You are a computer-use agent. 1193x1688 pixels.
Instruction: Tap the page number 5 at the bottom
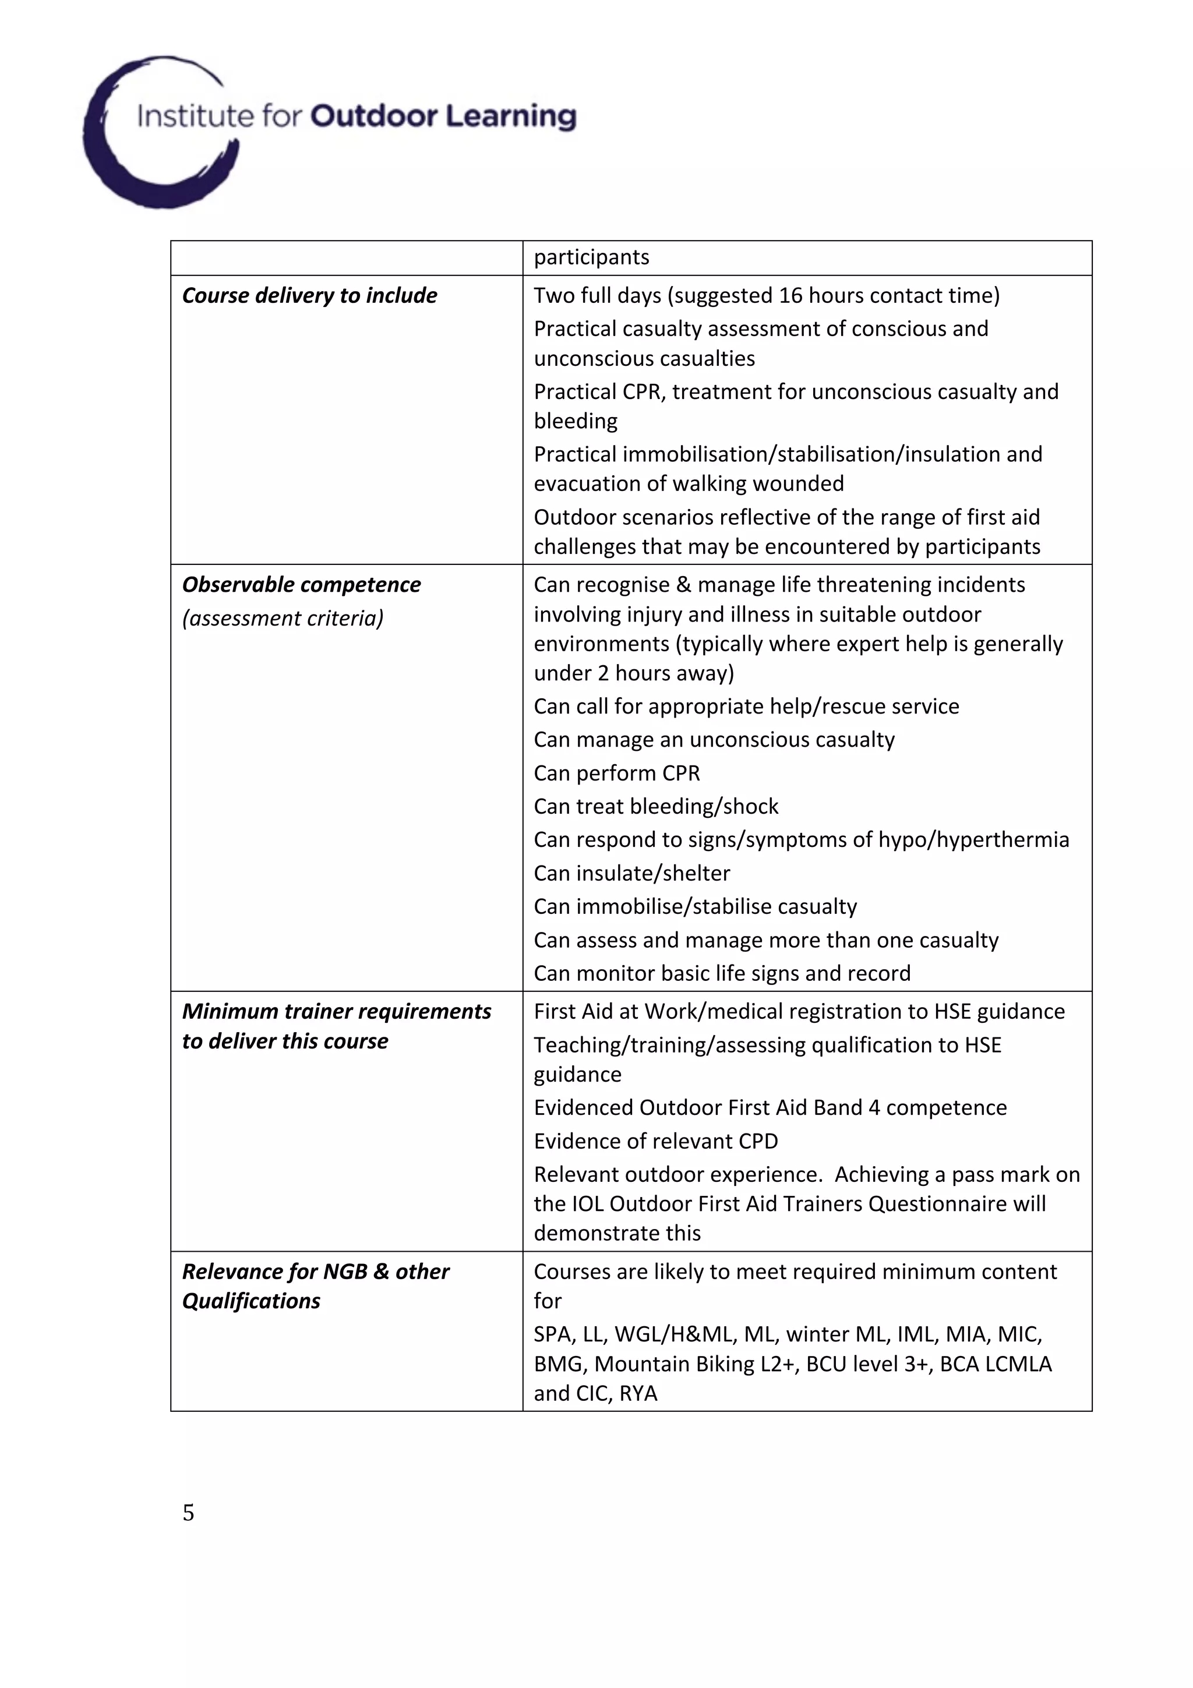[x=188, y=1512]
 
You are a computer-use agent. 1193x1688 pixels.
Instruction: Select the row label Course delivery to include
[x=309, y=295]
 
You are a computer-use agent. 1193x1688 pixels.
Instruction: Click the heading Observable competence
[x=301, y=584]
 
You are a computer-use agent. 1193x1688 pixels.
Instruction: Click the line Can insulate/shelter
[x=631, y=873]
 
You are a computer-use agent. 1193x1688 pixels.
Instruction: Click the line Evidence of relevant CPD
[x=655, y=1141]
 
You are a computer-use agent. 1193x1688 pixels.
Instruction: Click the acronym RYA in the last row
[x=638, y=1393]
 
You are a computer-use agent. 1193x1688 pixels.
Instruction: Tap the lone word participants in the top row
[x=591, y=257]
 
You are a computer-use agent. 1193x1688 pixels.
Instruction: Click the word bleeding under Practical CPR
[x=575, y=421]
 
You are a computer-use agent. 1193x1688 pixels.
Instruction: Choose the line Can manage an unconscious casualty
[x=714, y=740]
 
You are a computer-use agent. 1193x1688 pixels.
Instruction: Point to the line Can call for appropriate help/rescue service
[x=746, y=707]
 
